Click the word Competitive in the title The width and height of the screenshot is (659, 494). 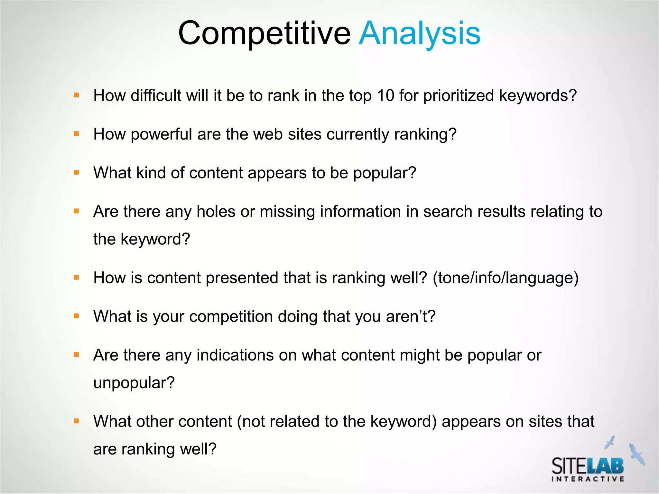coord(264,33)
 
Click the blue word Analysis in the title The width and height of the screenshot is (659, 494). coord(420,33)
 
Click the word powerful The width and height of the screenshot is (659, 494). coord(161,134)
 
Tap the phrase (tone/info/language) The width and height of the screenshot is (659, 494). coord(506,278)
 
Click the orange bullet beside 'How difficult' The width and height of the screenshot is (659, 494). coord(77,95)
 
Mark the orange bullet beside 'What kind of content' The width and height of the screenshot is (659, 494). coord(77,172)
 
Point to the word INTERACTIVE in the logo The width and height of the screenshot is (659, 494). coord(588,479)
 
